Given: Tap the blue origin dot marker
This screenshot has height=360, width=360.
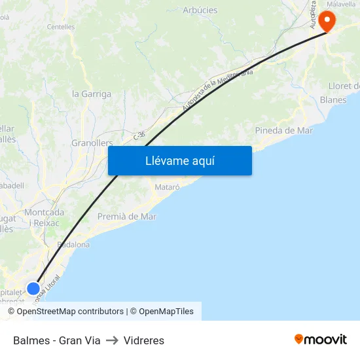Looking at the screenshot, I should pos(33,288).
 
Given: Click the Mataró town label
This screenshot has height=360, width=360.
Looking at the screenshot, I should pos(167,187).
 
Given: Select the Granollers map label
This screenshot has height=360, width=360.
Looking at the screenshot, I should pos(92,143).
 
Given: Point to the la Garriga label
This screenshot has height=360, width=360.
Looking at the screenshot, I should pos(92,94).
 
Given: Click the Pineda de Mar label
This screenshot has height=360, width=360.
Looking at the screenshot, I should pos(283,130).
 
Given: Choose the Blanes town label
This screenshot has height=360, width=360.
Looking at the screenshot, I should pos(333,99).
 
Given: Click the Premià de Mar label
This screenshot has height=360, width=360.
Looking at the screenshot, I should pos(126,217).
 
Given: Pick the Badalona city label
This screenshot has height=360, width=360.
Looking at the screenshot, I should pos(73,245).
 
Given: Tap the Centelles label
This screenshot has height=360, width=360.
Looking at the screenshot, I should pos(61,27).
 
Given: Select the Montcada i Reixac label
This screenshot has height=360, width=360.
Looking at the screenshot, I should pos(43,218).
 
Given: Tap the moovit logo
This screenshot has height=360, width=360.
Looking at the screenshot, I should pos(320,340).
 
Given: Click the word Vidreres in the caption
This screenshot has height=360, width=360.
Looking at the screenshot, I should pos(144,340).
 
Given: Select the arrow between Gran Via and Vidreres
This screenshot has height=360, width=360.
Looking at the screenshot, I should pos(112,340).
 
